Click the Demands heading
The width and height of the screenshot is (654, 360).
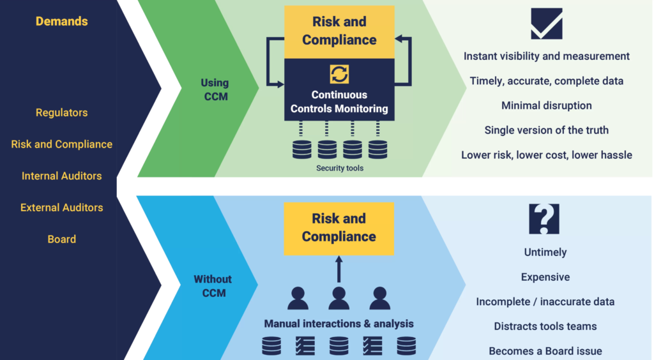62,21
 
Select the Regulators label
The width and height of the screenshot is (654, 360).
62,112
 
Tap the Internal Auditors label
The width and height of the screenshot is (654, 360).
62,176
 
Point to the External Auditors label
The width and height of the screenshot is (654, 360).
62,207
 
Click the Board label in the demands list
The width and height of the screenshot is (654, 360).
62,239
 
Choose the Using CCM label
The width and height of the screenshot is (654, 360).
215,89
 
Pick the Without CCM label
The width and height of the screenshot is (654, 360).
213,286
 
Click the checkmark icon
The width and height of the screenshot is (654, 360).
547,24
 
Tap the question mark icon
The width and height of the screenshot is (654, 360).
544,219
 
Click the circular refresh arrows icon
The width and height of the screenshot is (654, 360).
339,74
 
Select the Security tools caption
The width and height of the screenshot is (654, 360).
340,169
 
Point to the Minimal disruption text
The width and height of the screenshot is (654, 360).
547,105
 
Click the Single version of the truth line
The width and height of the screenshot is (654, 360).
547,130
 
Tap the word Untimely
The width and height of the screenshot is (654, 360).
545,253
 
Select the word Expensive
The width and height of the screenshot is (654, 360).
545,277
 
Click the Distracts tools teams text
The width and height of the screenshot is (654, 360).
545,326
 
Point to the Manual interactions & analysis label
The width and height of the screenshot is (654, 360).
338,324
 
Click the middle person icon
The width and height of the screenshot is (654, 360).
338,298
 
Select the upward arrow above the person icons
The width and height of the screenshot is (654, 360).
338,269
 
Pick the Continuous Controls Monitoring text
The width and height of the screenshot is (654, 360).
339,101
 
